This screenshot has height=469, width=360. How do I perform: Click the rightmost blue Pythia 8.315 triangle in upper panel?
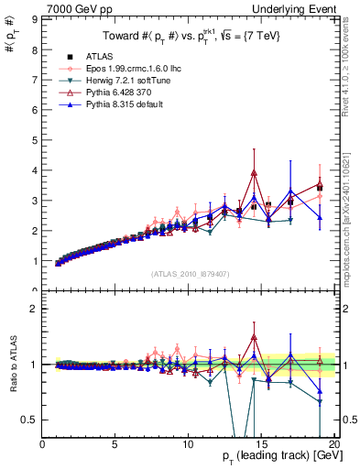pos(320,217)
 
